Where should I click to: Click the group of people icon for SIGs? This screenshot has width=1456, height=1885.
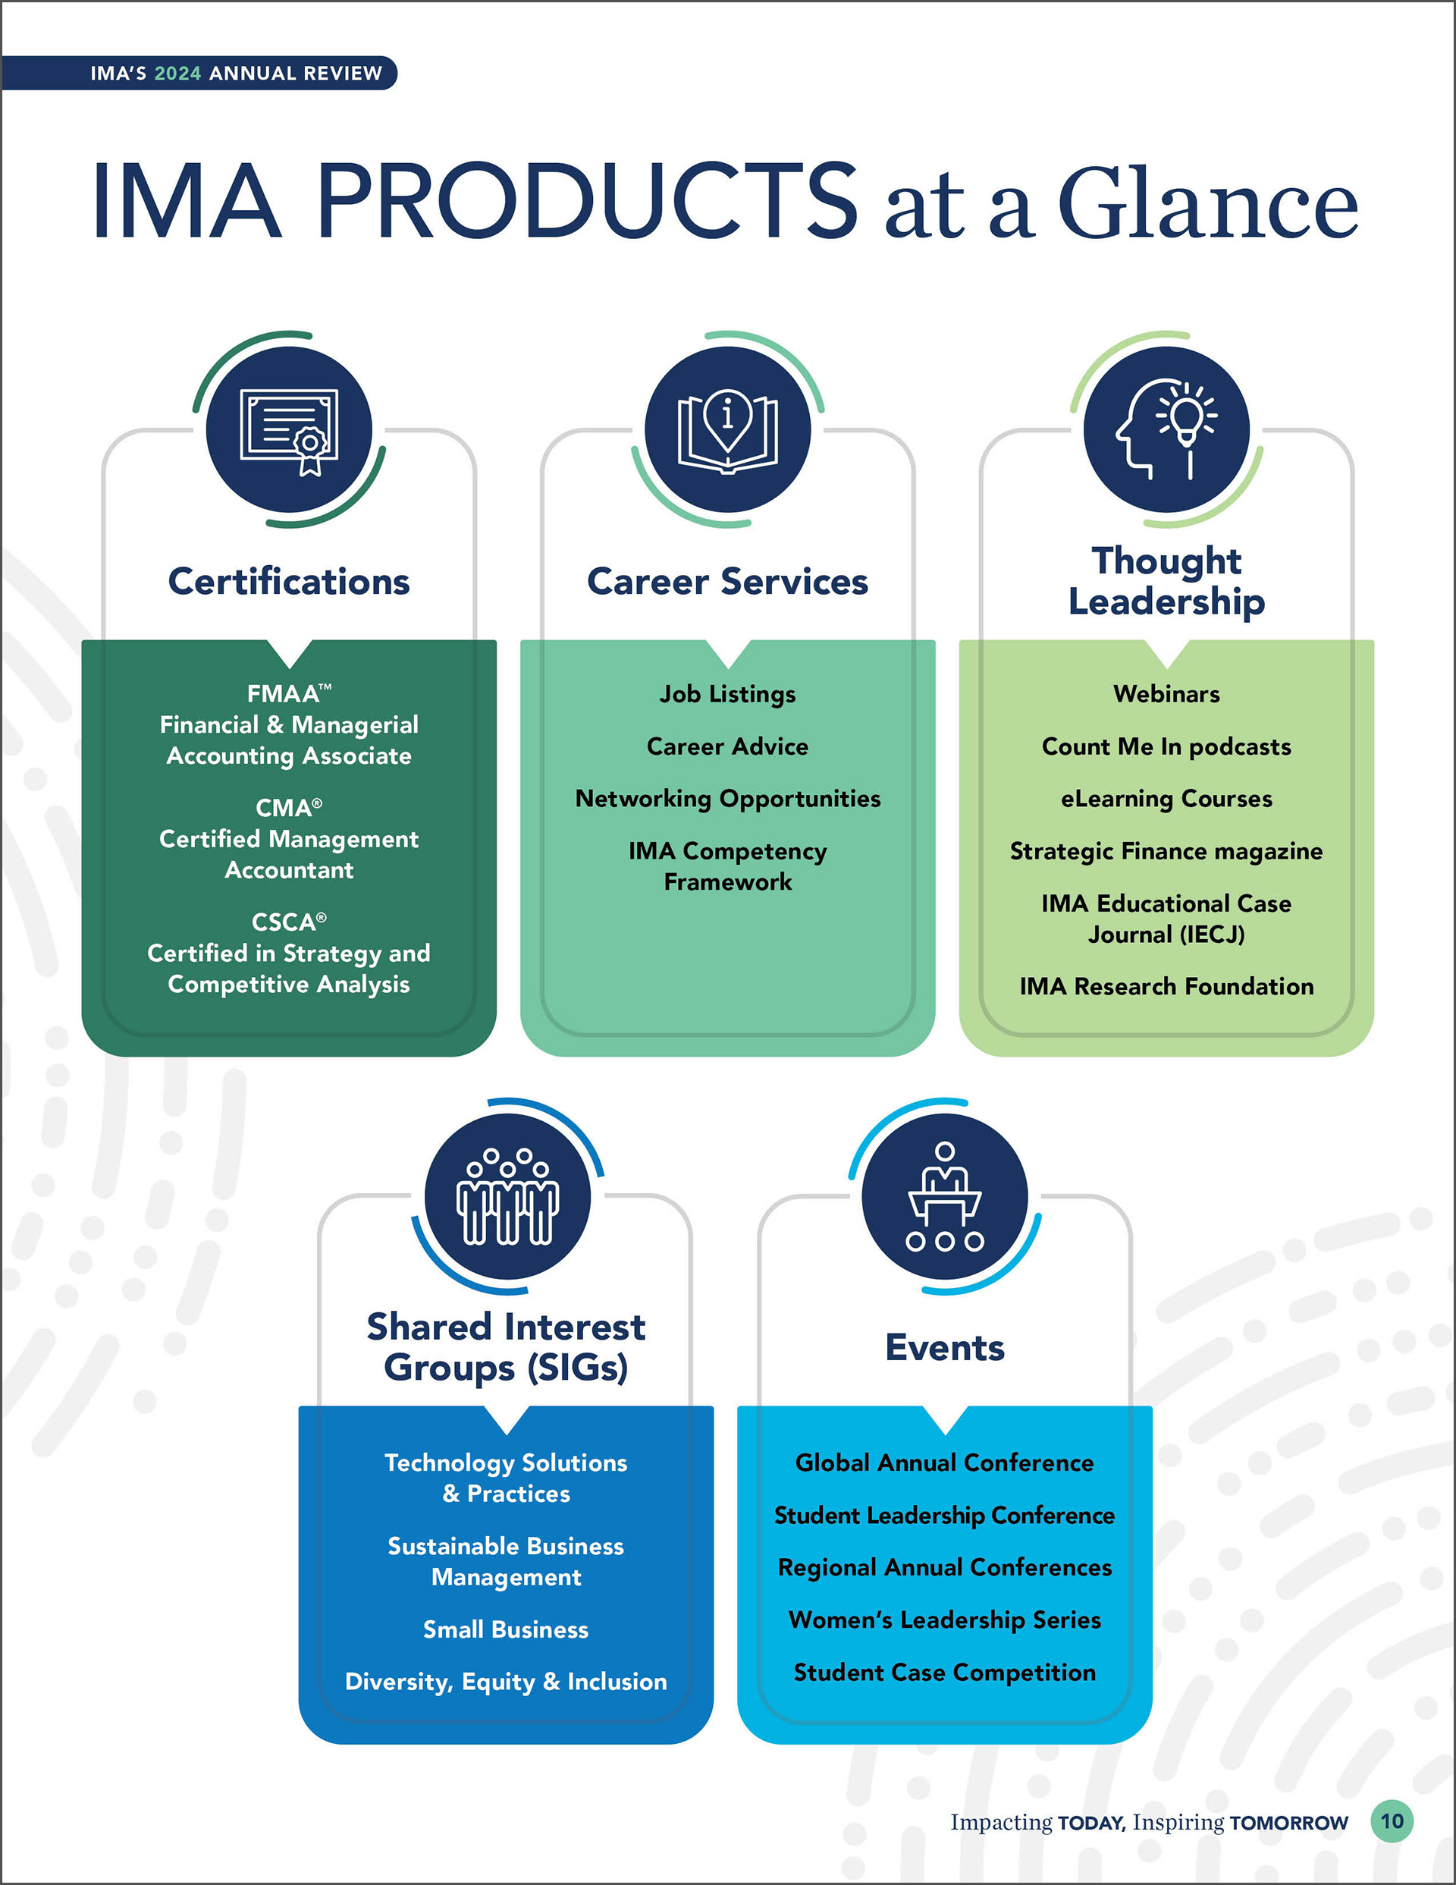point(507,1197)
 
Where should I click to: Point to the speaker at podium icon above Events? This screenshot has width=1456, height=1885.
point(945,1197)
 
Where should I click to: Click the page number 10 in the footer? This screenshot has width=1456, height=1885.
point(1392,1821)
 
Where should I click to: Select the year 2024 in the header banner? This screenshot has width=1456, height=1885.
point(177,74)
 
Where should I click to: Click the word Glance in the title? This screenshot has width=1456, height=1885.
point(1208,205)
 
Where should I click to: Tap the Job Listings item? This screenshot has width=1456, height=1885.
point(727,694)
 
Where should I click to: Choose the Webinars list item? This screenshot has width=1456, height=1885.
point(1166,694)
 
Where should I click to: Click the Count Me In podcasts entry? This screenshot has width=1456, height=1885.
point(1166,746)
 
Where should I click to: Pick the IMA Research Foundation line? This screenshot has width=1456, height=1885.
point(1166,987)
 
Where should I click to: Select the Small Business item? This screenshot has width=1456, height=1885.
point(506,1629)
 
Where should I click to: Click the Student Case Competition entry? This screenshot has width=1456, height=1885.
point(944,1673)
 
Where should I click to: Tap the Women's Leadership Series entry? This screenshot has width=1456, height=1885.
point(944,1620)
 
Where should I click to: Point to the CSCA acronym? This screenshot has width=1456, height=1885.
point(284,922)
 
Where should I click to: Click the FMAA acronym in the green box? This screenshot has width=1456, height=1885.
point(283,694)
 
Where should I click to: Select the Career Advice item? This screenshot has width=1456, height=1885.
point(727,746)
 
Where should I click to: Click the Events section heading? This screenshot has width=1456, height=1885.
point(945,1348)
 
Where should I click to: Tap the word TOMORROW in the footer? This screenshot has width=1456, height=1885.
point(1288,1823)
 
